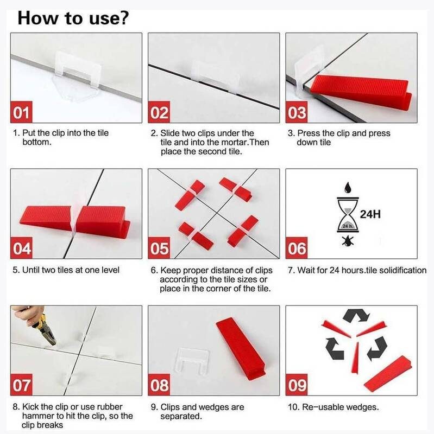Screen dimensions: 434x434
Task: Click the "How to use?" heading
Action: click(x=73, y=17)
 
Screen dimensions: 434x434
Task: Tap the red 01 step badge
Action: click(x=21, y=113)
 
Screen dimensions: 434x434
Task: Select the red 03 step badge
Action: click(x=297, y=113)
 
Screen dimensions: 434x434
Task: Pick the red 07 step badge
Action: click(x=22, y=385)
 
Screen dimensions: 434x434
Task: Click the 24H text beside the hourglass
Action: click(x=368, y=214)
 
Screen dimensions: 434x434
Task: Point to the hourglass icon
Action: click(x=347, y=215)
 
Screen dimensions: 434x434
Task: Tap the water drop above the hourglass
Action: click(x=347, y=188)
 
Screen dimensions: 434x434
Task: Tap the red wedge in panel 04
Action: click(x=76, y=216)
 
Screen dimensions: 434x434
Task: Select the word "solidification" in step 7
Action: click(x=401, y=270)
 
